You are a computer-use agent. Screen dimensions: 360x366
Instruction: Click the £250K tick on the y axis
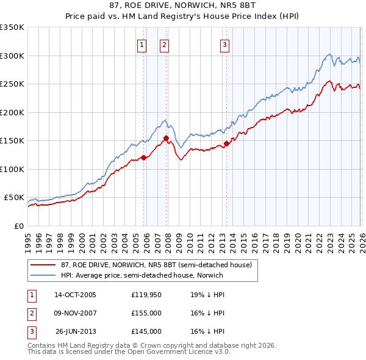(x=12, y=84)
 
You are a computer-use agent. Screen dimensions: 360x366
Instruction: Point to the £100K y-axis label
(x=12, y=169)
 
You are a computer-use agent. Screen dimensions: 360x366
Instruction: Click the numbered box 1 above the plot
(x=142, y=44)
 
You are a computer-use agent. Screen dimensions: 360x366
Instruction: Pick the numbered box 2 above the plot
(x=165, y=44)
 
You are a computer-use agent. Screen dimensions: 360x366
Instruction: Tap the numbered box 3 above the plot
(x=224, y=44)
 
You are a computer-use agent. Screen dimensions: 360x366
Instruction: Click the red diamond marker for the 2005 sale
(x=144, y=157)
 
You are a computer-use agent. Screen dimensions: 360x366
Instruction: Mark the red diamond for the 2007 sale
(x=166, y=138)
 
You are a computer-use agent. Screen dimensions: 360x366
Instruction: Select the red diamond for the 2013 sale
(x=226, y=143)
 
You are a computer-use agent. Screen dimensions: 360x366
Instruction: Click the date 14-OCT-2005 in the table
(x=75, y=295)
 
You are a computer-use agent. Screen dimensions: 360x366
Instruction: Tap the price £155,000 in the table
(x=146, y=313)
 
